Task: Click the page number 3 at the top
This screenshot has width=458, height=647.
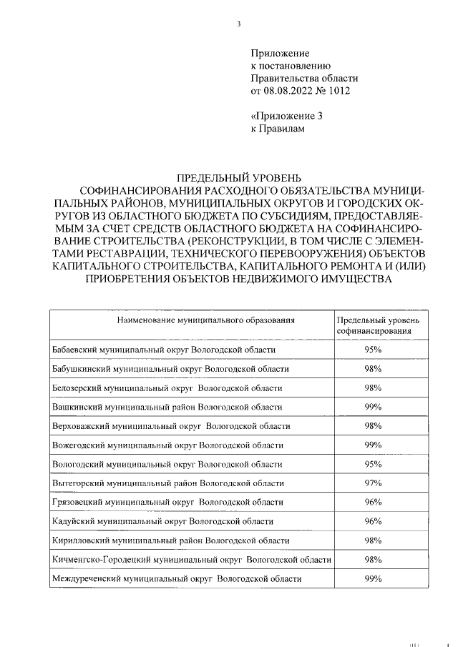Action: point(239,24)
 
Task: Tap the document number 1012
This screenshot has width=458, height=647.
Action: point(340,91)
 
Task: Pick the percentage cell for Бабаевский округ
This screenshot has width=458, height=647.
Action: point(373,350)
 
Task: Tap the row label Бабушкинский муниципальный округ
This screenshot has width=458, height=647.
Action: point(171,369)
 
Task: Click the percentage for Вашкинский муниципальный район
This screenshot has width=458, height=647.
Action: point(373,407)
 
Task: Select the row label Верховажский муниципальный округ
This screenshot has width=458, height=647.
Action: point(172,426)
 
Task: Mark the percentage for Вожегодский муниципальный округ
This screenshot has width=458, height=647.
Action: point(373,445)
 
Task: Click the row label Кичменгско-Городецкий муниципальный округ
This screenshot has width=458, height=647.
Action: point(192,559)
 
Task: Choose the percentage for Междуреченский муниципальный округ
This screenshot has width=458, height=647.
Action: point(373,578)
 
